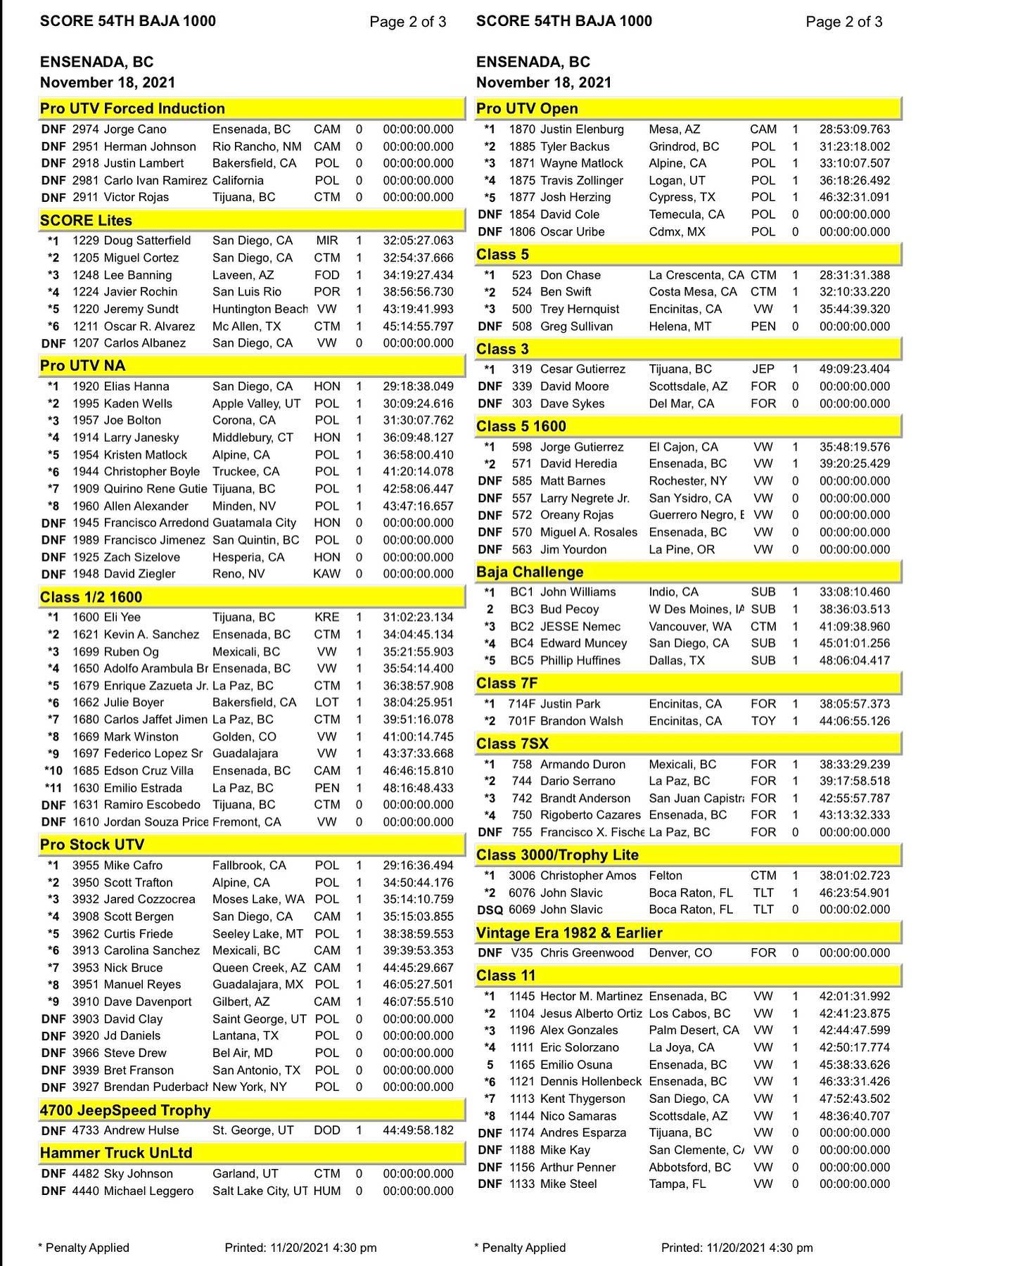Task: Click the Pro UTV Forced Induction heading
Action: (x=132, y=108)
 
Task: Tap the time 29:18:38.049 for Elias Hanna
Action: (x=418, y=386)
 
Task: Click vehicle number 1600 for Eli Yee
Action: (x=86, y=617)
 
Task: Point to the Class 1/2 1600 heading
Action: (x=91, y=597)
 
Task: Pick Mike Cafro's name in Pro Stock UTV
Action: (x=133, y=865)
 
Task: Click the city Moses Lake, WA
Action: (x=258, y=899)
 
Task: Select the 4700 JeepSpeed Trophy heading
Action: (x=125, y=1110)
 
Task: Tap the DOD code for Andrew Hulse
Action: (x=327, y=1130)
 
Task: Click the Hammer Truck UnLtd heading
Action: (x=116, y=1152)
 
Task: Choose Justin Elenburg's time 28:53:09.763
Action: (x=854, y=129)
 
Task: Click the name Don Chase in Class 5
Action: (x=571, y=275)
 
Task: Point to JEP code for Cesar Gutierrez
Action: (x=763, y=369)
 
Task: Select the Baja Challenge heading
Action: (x=530, y=572)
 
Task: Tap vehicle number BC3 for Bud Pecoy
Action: (x=519, y=609)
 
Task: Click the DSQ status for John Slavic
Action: (x=490, y=909)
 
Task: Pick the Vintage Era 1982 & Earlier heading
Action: (x=569, y=933)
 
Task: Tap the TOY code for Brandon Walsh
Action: (x=763, y=721)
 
